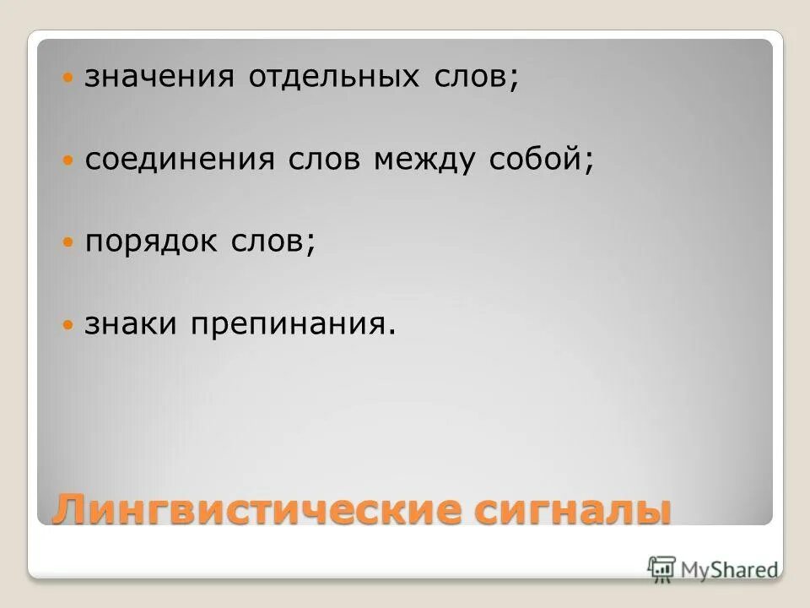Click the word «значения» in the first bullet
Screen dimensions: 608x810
coord(159,79)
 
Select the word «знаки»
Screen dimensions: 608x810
coord(129,325)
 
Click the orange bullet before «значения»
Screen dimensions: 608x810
coord(69,79)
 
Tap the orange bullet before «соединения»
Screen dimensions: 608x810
coord(69,160)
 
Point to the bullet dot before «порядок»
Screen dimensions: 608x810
coord(69,242)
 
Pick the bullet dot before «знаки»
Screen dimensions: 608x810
coord(69,325)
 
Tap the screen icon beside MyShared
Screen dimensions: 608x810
coord(662,567)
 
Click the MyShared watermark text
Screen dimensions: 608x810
coord(729,569)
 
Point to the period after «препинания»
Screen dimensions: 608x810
coord(391,332)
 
